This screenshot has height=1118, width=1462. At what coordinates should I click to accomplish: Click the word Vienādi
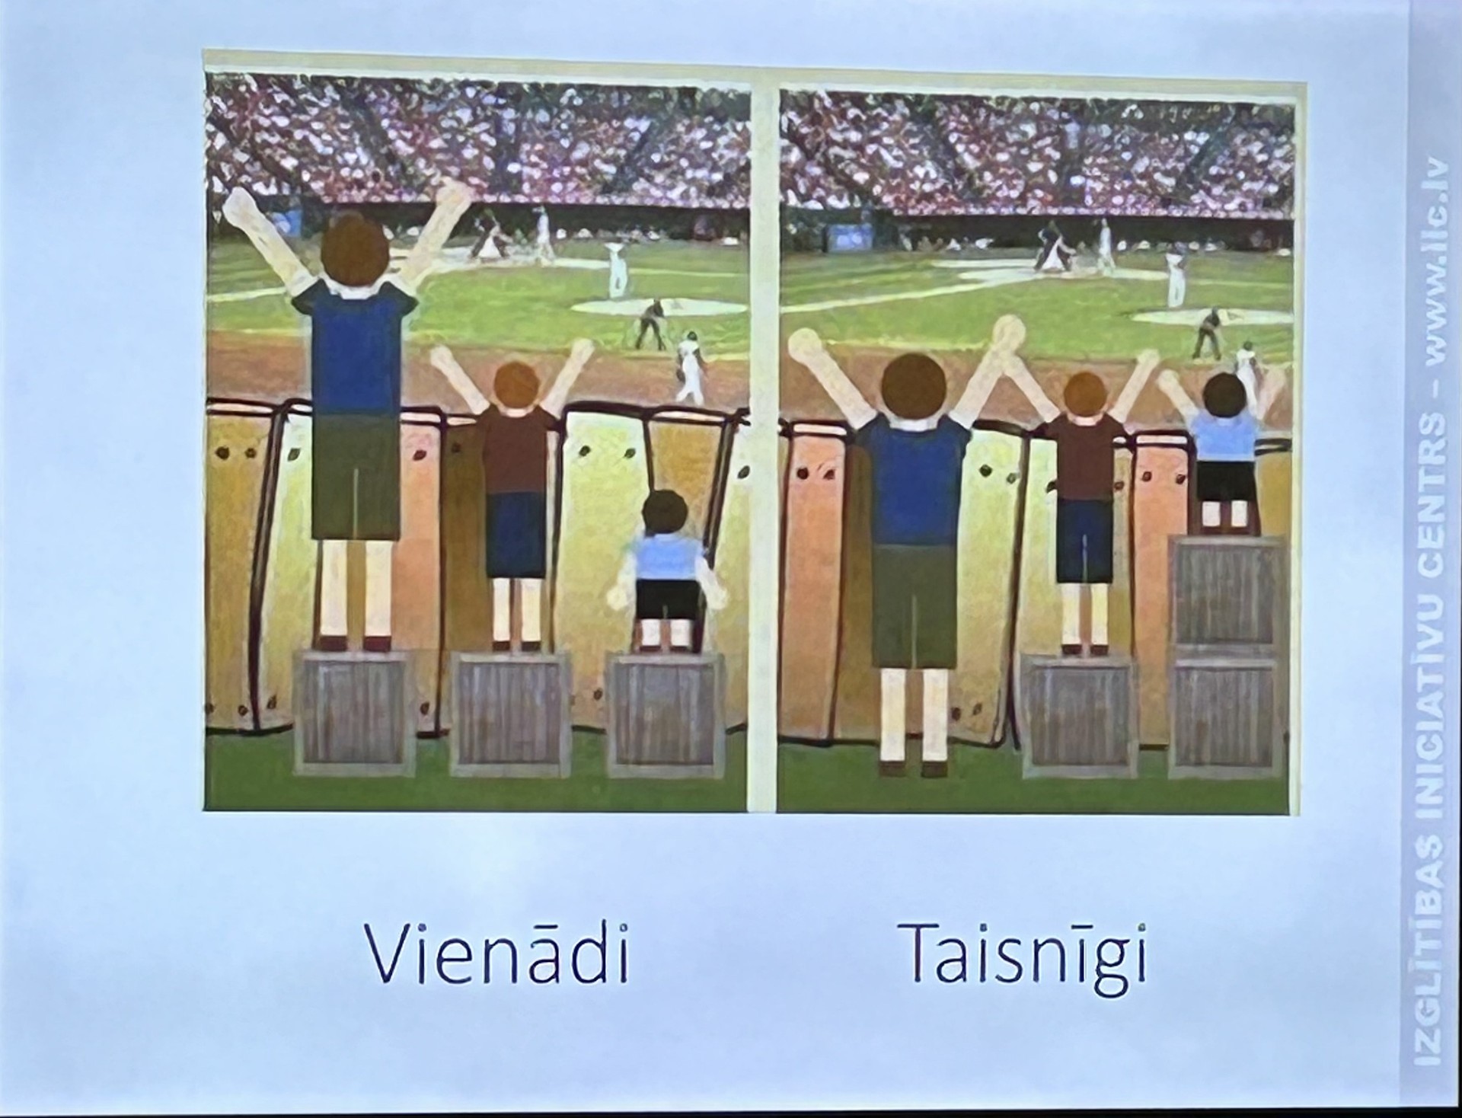pos(499,953)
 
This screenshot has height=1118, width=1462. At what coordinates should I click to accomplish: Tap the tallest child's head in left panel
pos(355,248)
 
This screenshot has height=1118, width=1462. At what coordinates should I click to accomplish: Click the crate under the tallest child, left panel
pos(353,711)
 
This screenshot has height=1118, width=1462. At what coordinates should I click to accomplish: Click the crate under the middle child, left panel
pos(509,708)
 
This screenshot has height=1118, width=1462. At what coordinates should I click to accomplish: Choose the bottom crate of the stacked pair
pos(1227,711)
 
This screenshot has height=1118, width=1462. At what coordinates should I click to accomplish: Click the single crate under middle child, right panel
pos(1078,711)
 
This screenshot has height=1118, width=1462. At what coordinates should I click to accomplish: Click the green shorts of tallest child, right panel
pos(911,605)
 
